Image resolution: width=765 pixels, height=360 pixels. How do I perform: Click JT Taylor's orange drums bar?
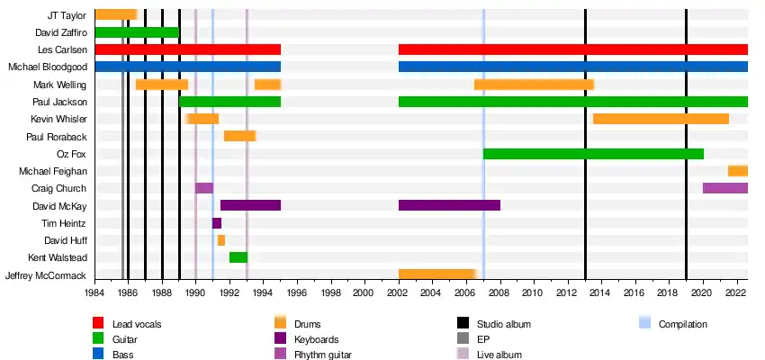(x=115, y=14)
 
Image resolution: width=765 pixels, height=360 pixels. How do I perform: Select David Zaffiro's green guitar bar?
(x=137, y=32)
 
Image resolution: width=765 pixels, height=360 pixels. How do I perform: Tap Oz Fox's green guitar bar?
(x=593, y=154)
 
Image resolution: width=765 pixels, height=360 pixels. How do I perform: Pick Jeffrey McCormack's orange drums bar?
(x=436, y=274)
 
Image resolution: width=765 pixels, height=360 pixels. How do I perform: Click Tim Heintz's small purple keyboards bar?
(x=217, y=223)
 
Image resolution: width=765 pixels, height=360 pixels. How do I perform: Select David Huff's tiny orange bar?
(x=221, y=240)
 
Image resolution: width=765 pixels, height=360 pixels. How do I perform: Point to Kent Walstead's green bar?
(x=238, y=257)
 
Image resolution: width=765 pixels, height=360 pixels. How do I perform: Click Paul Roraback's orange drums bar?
(x=239, y=136)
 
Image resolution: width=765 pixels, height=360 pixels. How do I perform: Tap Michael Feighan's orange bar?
(x=738, y=171)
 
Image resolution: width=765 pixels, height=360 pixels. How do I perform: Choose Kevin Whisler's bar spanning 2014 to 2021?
(x=661, y=119)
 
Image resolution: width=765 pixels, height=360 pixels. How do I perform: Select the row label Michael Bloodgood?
(x=47, y=67)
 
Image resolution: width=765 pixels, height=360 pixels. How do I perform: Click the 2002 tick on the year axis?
(x=398, y=292)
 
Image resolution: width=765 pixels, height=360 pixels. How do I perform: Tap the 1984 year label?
(x=94, y=292)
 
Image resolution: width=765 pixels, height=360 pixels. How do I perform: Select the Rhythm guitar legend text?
(x=323, y=355)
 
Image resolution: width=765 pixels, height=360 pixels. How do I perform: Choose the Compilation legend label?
(x=683, y=324)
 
